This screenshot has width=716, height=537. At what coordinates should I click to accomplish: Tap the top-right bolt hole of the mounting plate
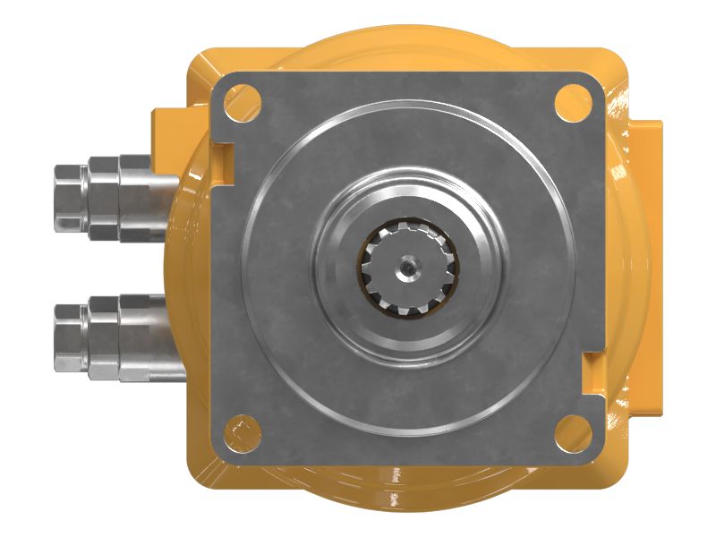(570, 98)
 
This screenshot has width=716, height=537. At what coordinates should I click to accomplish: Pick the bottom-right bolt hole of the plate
(570, 433)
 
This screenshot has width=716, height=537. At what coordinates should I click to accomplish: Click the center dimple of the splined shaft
(408, 265)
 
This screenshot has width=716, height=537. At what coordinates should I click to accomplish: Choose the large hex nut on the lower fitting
(134, 337)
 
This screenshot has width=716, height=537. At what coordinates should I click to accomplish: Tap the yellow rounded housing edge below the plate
(403, 490)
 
